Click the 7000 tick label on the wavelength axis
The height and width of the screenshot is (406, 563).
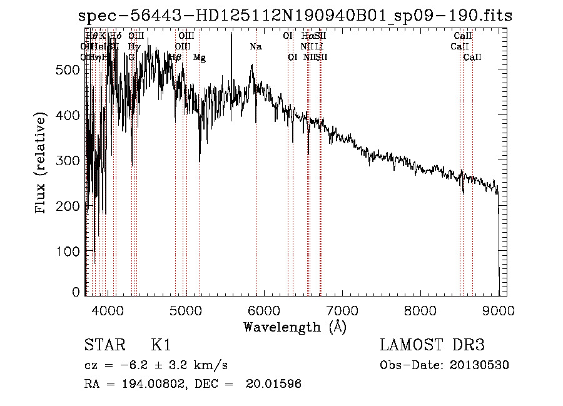click(x=342, y=310)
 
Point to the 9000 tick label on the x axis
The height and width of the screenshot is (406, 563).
click(x=499, y=310)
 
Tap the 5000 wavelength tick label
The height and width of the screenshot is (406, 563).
click(x=186, y=310)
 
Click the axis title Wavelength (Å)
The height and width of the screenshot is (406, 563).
click(x=295, y=327)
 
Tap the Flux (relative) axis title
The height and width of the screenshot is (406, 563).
click(x=42, y=164)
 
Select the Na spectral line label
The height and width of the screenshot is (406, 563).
click(x=255, y=47)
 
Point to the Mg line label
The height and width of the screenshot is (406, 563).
click(x=199, y=58)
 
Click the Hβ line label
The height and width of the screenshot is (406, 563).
click(x=176, y=58)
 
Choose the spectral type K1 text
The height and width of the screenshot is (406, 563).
click(x=161, y=345)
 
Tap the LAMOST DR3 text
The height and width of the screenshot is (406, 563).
click(x=432, y=345)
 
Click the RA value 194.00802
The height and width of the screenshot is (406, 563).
click(x=150, y=384)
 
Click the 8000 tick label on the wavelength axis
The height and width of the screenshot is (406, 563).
click(x=420, y=310)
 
